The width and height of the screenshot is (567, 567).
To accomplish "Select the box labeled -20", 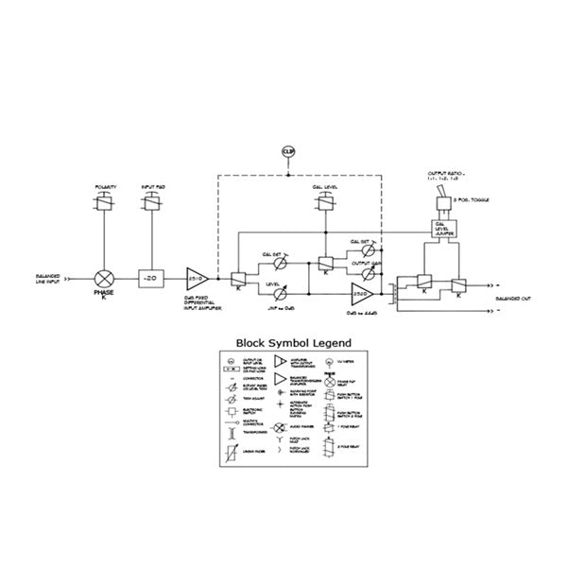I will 151,279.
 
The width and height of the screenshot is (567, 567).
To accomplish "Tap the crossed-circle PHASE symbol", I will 103,279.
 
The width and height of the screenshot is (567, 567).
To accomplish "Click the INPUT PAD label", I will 151,187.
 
